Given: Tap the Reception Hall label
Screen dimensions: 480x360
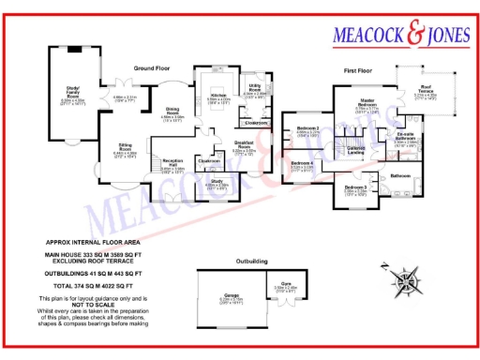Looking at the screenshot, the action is pyautogui.click(x=173, y=165).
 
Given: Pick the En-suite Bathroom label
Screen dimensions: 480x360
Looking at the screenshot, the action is pyautogui.click(x=405, y=137).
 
